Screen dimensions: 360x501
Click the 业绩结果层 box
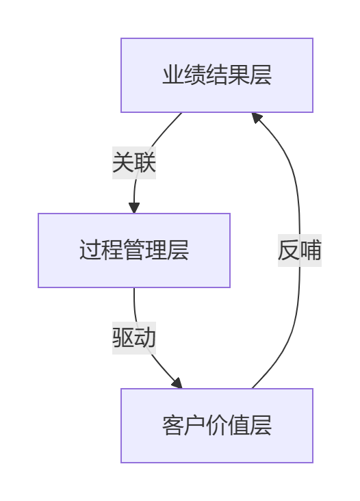(x=217, y=75)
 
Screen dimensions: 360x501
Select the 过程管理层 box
(x=134, y=250)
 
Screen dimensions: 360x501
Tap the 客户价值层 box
(x=217, y=426)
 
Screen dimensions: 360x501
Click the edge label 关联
(x=134, y=163)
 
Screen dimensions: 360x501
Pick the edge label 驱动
(x=134, y=337)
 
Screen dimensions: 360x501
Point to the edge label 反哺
(x=300, y=250)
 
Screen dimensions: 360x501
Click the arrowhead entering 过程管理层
(x=134, y=207)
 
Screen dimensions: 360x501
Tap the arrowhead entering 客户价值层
(x=177, y=383)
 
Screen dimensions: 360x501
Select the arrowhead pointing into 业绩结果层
(x=257, y=118)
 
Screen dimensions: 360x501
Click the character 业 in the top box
(x=173, y=75)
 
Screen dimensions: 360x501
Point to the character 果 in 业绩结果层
(x=239, y=75)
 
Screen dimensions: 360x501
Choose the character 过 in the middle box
(x=90, y=250)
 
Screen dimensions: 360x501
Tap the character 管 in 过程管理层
(x=134, y=250)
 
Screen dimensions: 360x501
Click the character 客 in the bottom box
(x=173, y=426)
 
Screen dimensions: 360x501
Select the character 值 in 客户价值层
(x=239, y=426)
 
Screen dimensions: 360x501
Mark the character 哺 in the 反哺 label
(x=311, y=250)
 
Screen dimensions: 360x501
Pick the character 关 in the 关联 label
(x=123, y=163)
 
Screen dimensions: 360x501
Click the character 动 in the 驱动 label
(x=145, y=337)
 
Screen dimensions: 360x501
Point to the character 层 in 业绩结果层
(x=260, y=75)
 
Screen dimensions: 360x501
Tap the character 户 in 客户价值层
(x=195, y=426)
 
